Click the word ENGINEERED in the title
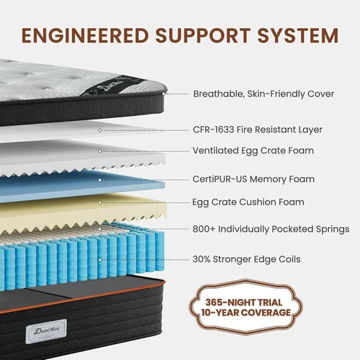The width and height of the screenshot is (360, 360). click(x=85, y=35)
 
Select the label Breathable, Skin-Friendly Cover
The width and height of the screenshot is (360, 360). click(x=264, y=94)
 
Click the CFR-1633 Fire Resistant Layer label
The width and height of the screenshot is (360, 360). click(x=258, y=130)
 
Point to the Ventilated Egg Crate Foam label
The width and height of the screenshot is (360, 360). click(x=253, y=150)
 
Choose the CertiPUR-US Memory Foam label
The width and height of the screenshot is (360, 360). click(x=253, y=179)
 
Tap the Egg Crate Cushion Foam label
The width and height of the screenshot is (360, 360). click(x=248, y=202)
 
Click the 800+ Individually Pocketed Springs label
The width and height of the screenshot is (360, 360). click(x=271, y=229)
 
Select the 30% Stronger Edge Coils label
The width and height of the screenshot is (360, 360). click(x=246, y=259)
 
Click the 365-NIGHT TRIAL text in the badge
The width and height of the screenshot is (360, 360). click(x=244, y=302)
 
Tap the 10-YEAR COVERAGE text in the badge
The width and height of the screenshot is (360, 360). click(x=246, y=312)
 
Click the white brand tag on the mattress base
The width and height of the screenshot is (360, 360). click(x=46, y=331)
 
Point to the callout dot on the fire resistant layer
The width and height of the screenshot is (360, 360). click(x=100, y=130)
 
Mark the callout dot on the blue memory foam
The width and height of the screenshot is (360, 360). click(x=100, y=180)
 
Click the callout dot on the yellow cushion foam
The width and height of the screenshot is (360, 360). click(x=100, y=203)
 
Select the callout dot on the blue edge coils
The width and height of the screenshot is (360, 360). click(x=100, y=260)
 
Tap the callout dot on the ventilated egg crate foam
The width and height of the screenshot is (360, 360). click(x=100, y=151)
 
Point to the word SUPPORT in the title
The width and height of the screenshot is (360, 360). click(x=203, y=35)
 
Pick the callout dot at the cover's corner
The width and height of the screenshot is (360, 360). click(x=164, y=94)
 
